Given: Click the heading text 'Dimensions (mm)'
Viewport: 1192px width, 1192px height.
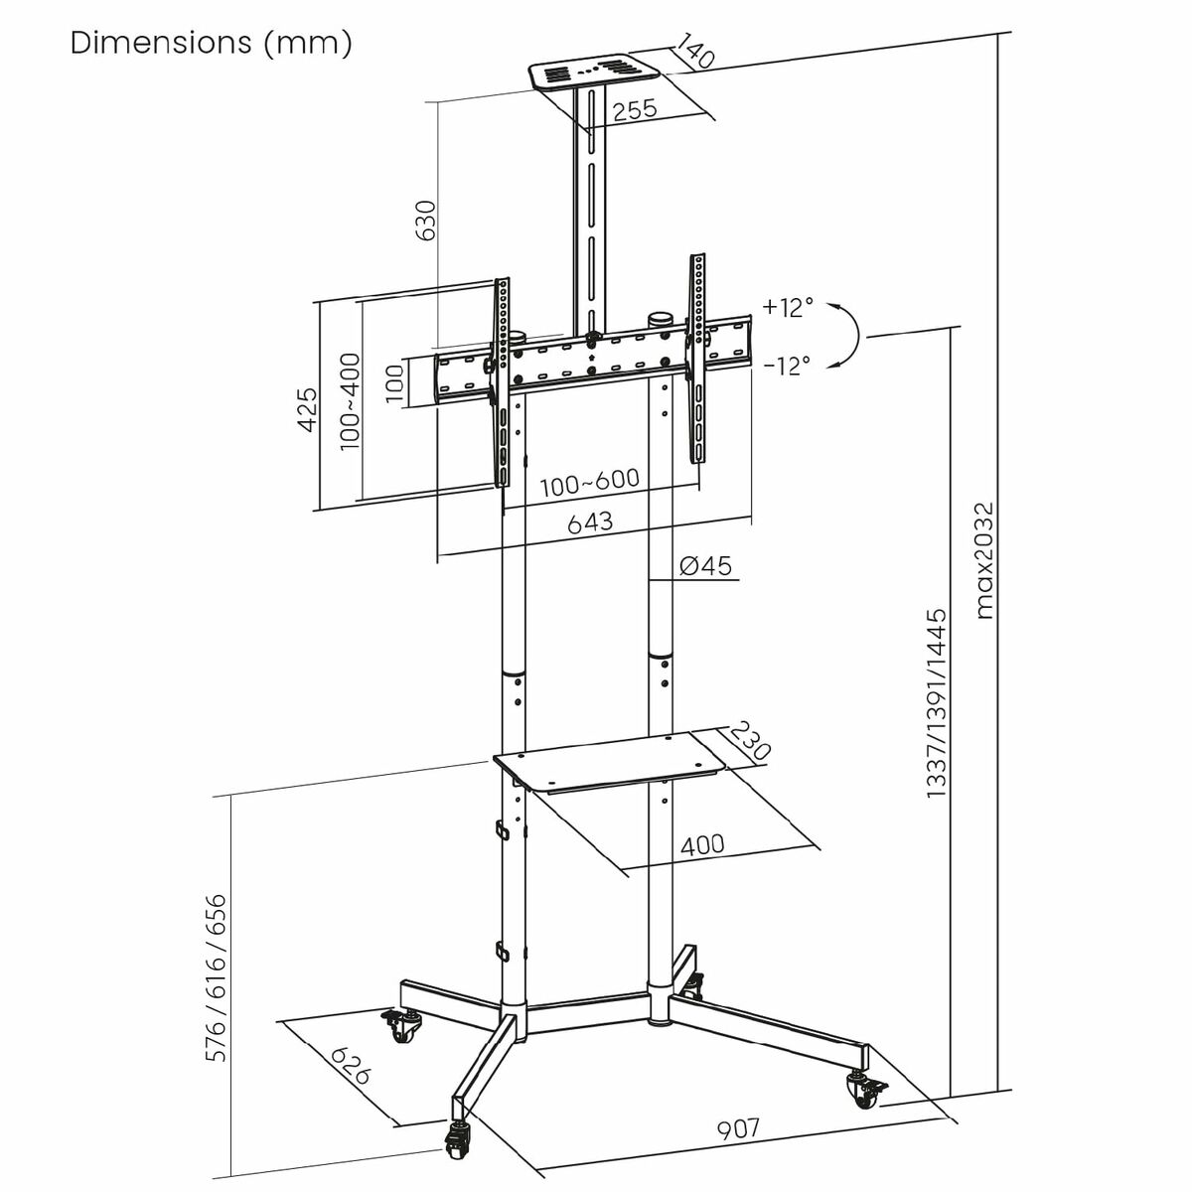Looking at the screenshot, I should pyautogui.click(x=211, y=44).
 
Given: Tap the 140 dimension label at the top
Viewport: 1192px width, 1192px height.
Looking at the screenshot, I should pyautogui.click(x=697, y=52).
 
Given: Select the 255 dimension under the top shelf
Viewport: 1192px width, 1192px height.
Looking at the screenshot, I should pyautogui.click(x=634, y=110).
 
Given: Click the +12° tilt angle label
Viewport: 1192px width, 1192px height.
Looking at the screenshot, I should pyautogui.click(x=788, y=307).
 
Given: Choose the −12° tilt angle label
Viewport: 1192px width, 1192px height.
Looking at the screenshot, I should pyautogui.click(x=788, y=366).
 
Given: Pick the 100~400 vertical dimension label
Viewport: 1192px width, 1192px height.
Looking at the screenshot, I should pyautogui.click(x=350, y=401).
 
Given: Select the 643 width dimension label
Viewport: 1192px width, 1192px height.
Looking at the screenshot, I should pyautogui.click(x=590, y=521).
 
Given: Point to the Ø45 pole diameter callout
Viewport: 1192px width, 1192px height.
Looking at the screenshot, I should pyautogui.click(x=705, y=566).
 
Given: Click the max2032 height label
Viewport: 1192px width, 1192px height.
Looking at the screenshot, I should pyautogui.click(x=983, y=560).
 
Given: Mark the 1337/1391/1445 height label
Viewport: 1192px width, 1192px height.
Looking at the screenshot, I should pyautogui.click(x=936, y=703).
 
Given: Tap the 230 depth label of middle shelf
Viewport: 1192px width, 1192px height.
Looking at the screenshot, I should pyautogui.click(x=749, y=742).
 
